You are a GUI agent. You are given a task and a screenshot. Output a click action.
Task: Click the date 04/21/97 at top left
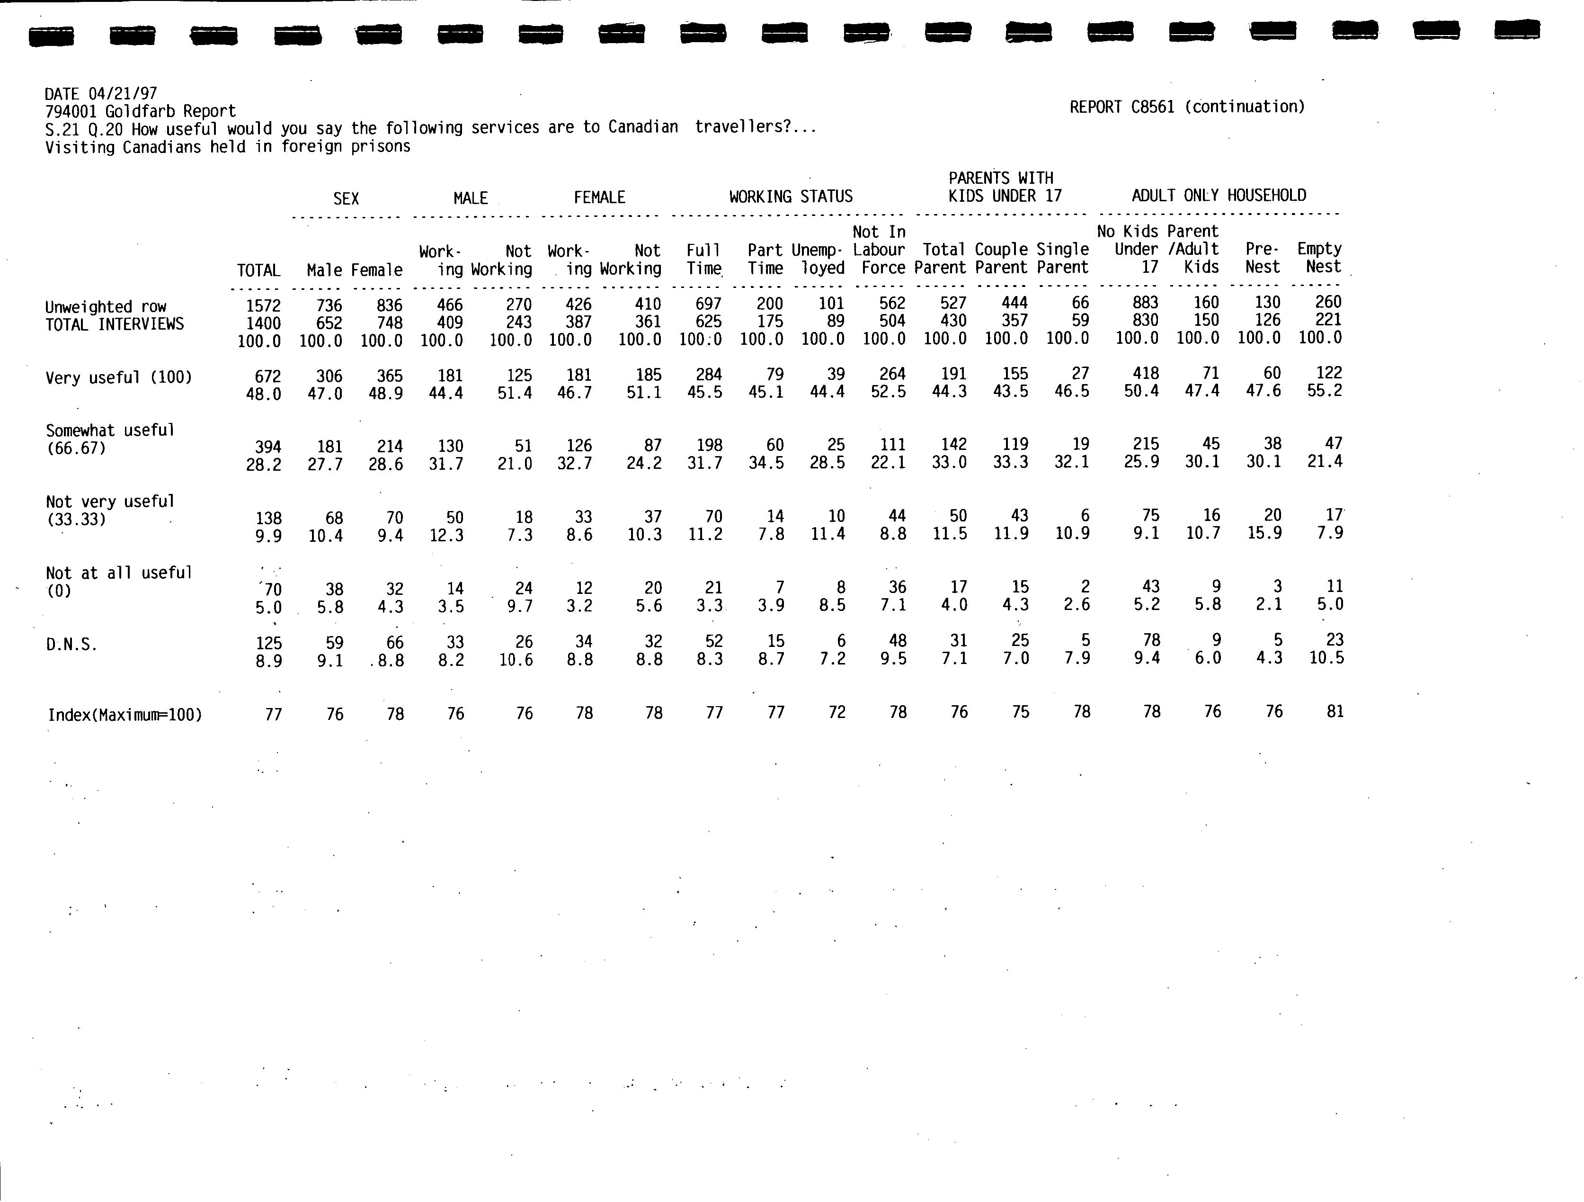(123, 94)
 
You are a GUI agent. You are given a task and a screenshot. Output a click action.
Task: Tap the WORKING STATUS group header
(791, 196)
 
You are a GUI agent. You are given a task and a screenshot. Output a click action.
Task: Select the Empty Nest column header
(1319, 258)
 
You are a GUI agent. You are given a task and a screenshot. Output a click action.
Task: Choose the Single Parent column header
(1063, 258)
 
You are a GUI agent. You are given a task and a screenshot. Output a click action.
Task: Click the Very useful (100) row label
(119, 377)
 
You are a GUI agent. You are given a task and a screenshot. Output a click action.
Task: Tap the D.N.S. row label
(71, 645)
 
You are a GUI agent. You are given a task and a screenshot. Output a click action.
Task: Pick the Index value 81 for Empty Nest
(1335, 711)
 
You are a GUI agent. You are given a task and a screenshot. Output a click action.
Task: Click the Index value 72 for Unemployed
(836, 712)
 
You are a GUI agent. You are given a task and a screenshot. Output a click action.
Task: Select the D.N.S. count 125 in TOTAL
(268, 643)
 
